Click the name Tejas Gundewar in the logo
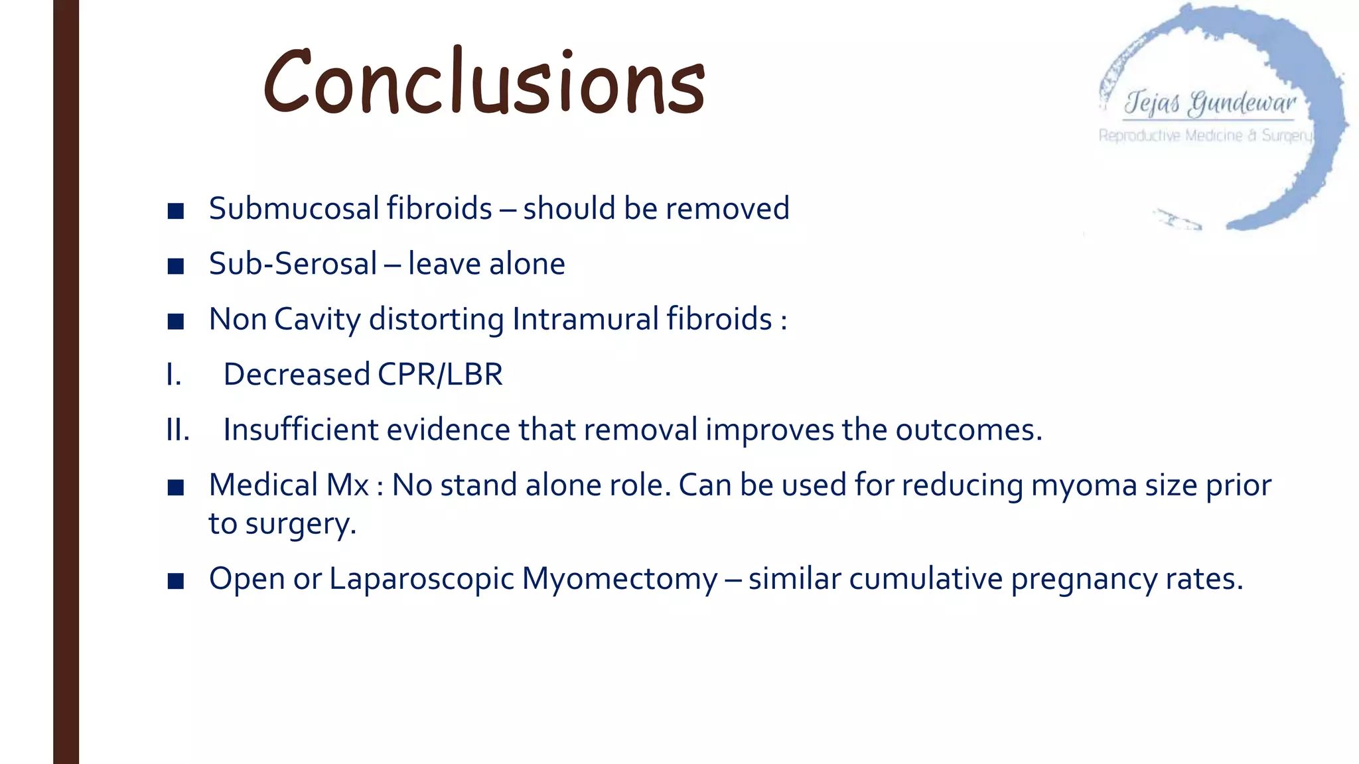(1209, 103)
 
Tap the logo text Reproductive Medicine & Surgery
(1205, 136)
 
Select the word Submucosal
(294, 208)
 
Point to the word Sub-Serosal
(293, 264)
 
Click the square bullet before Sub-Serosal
(176, 267)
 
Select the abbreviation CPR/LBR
(440, 375)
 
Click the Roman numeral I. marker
(173, 375)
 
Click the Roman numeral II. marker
(178, 430)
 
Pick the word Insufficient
(301, 430)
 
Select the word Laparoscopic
(421, 580)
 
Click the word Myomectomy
(619, 580)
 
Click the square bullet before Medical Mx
(176, 488)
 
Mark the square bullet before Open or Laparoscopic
(176, 582)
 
